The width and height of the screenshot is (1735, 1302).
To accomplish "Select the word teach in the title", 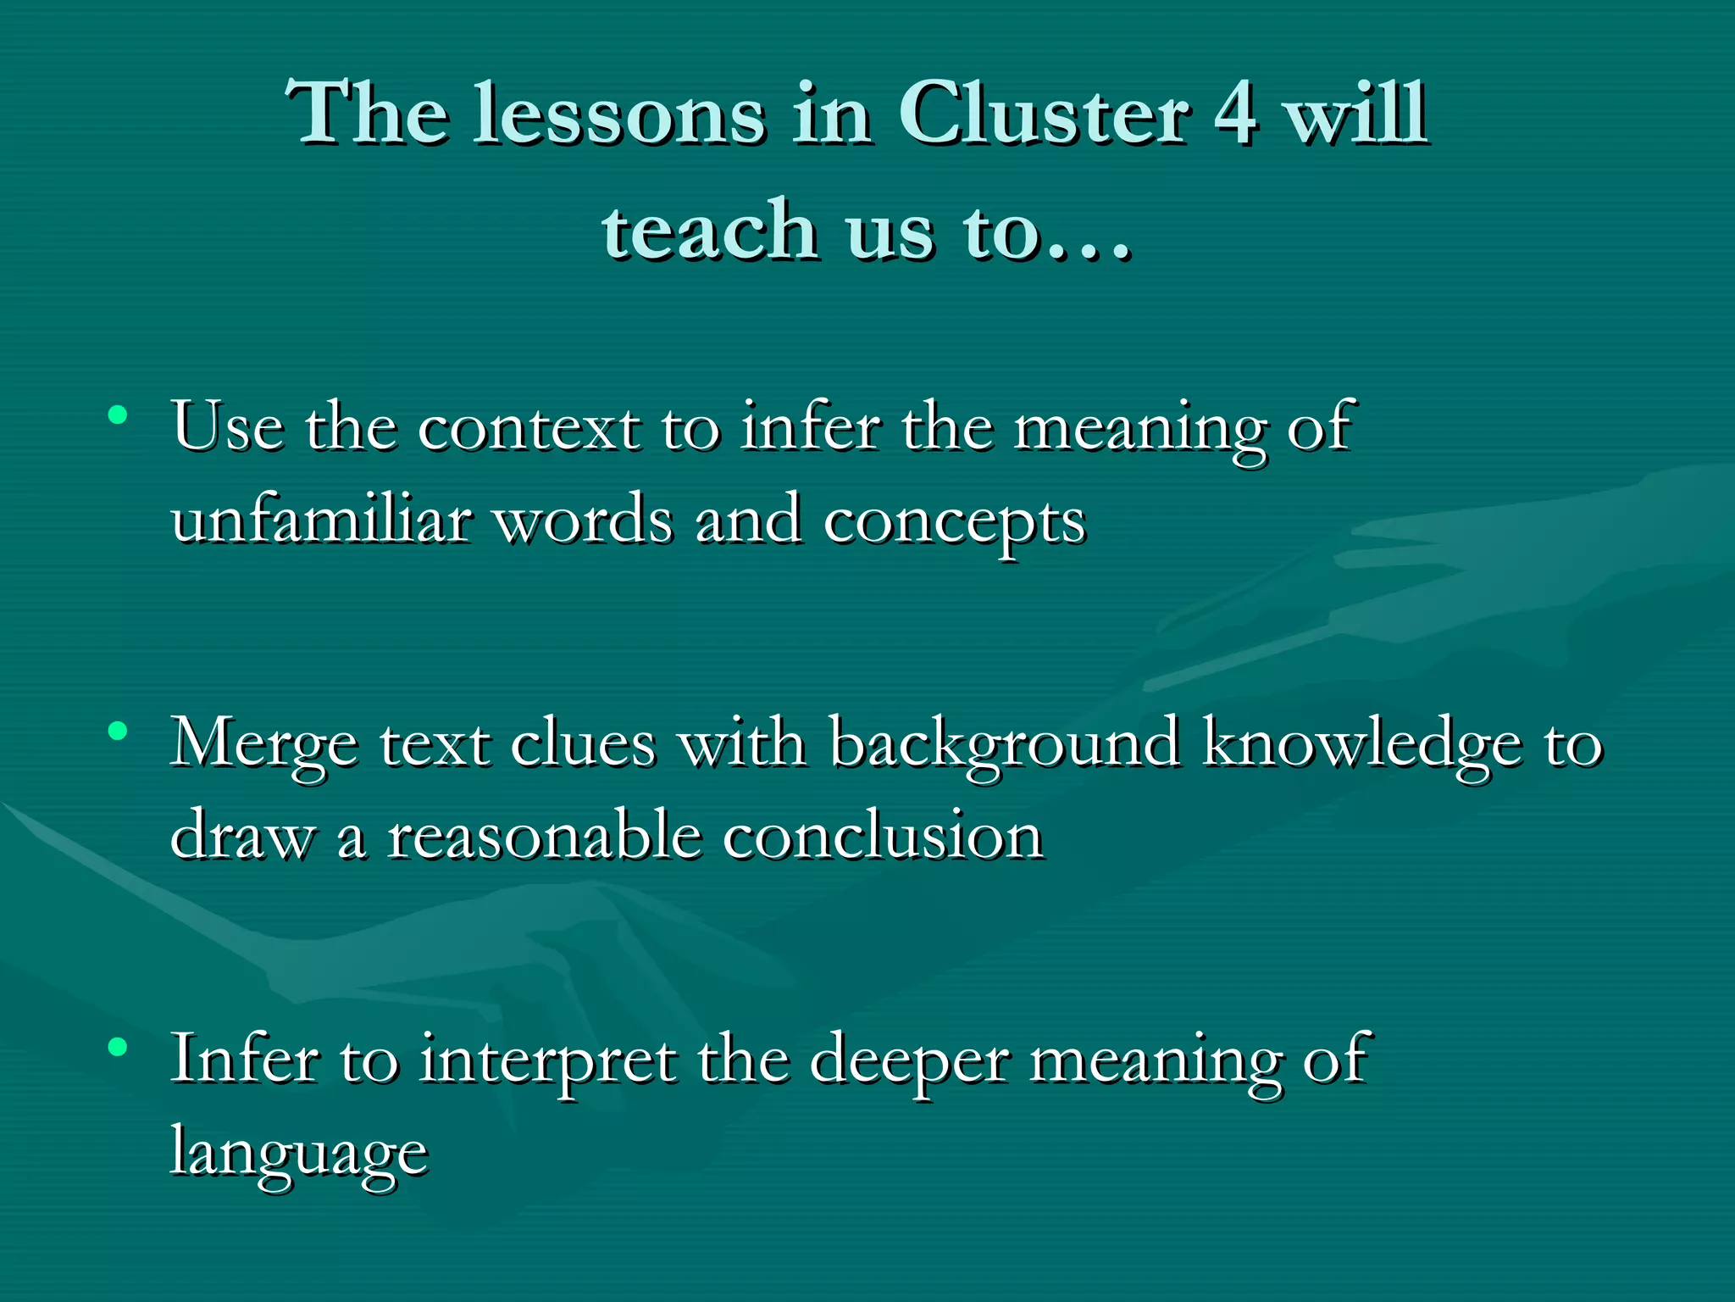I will coord(709,231).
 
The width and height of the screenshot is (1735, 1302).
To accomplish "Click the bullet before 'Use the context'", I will coord(118,415).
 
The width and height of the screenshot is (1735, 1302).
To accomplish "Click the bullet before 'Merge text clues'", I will coord(118,730).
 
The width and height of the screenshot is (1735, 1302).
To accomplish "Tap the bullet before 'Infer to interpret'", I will coord(118,1047).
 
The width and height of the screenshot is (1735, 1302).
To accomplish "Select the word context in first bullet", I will coord(529,428).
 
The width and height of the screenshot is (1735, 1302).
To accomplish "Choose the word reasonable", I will coord(545,837).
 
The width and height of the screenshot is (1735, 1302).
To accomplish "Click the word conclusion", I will coord(882,837).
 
